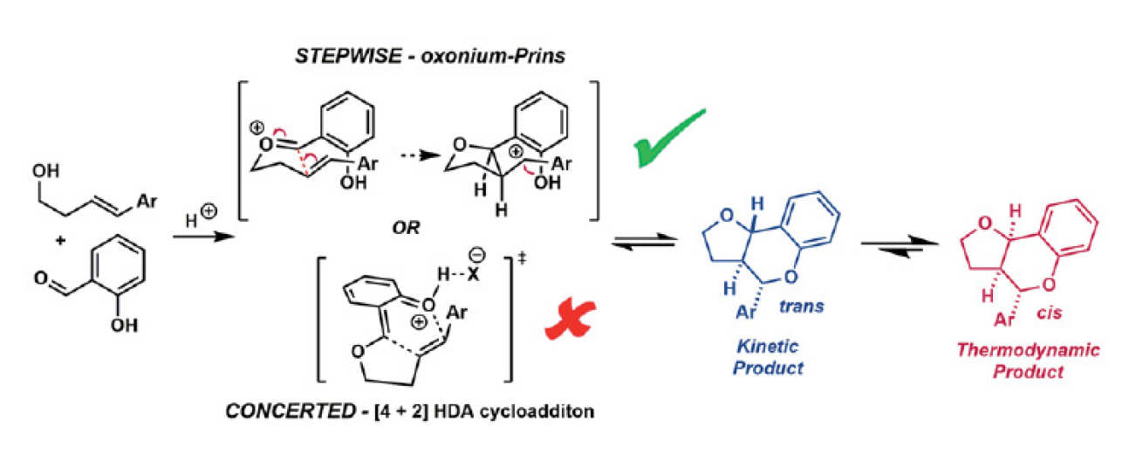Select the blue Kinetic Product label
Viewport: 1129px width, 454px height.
click(767, 358)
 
